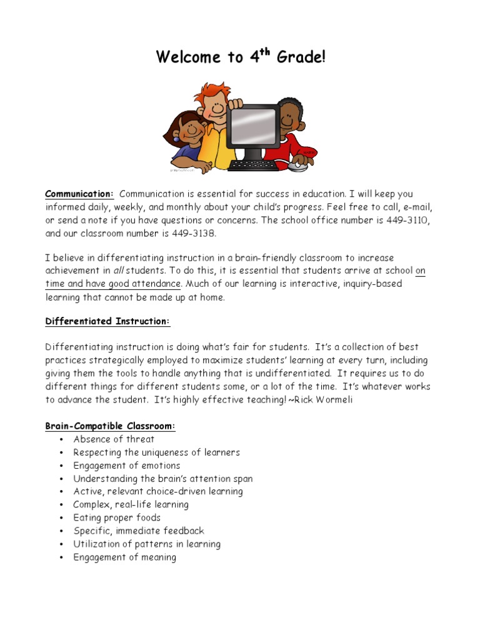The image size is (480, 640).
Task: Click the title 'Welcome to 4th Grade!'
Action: (241, 57)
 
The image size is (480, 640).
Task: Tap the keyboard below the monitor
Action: (253, 166)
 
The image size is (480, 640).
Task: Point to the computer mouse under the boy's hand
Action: (298, 166)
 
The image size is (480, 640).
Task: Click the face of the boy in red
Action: (288, 117)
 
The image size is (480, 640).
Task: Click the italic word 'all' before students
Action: (119, 271)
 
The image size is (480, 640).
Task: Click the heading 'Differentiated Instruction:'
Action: (107, 321)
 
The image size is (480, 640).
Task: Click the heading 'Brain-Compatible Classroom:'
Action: (111, 426)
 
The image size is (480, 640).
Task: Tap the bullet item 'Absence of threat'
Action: (114, 439)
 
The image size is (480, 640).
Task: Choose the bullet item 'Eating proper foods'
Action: (117, 517)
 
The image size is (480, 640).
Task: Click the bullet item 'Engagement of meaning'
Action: (124, 557)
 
